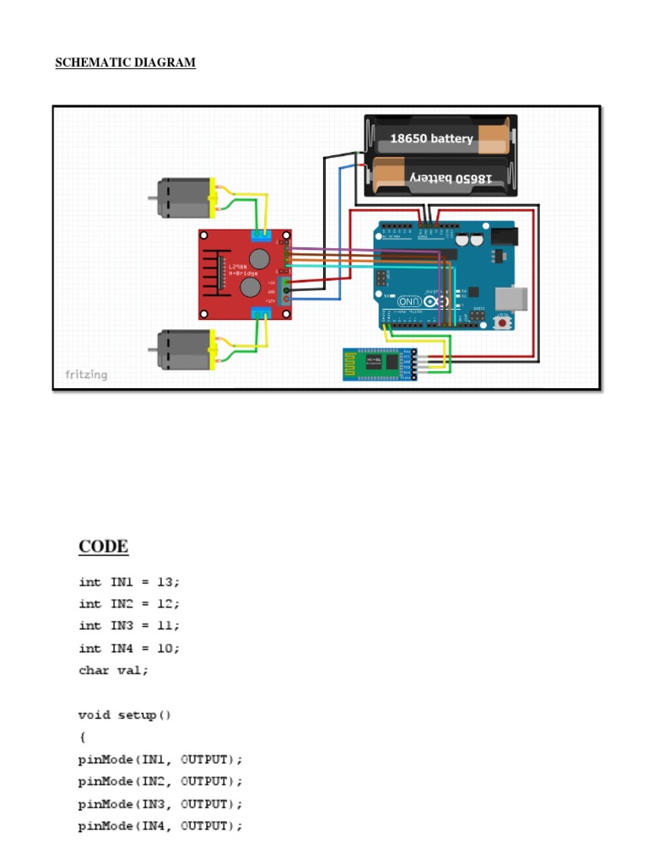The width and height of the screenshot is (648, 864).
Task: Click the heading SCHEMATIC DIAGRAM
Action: tap(125, 62)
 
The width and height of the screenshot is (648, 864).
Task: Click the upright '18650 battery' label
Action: tap(430, 138)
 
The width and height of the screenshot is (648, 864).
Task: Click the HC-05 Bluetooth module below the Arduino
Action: tap(379, 364)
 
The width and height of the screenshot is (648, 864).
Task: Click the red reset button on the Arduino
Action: tap(504, 322)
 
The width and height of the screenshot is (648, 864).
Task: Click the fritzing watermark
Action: tap(87, 374)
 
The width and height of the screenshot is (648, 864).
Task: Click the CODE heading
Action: tap(104, 546)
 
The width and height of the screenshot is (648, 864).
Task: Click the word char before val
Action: tap(94, 670)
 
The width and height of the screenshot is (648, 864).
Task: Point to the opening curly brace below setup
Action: tap(82, 737)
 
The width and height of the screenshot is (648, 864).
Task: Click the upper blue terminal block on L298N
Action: tap(265, 236)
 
